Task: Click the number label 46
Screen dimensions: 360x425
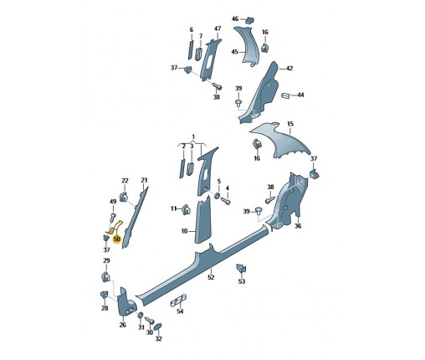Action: click(x=235, y=18)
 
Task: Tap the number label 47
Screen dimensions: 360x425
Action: click(x=218, y=29)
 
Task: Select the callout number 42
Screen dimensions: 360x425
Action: click(x=289, y=68)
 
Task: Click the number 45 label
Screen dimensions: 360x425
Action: click(x=235, y=53)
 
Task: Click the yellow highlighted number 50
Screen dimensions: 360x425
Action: click(x=116, y=239)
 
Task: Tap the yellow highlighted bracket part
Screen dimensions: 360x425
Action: click(x=114, y=227)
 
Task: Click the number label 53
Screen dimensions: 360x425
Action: click(x=242, y=282)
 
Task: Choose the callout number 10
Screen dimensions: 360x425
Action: click(x=184, y=230)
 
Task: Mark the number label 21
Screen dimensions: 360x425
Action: click(x=144, y=181)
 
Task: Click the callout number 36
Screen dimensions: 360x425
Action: click(x=299, y=225)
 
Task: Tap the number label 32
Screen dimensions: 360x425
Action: click(x=158, y=338)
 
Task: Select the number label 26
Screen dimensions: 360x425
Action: click(x=122, y=326)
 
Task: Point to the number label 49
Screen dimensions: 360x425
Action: click(x=113, y=202)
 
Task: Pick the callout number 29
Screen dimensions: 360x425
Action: click(x=106, y=261)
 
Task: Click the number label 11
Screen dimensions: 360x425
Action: click(x=173, y=208)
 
